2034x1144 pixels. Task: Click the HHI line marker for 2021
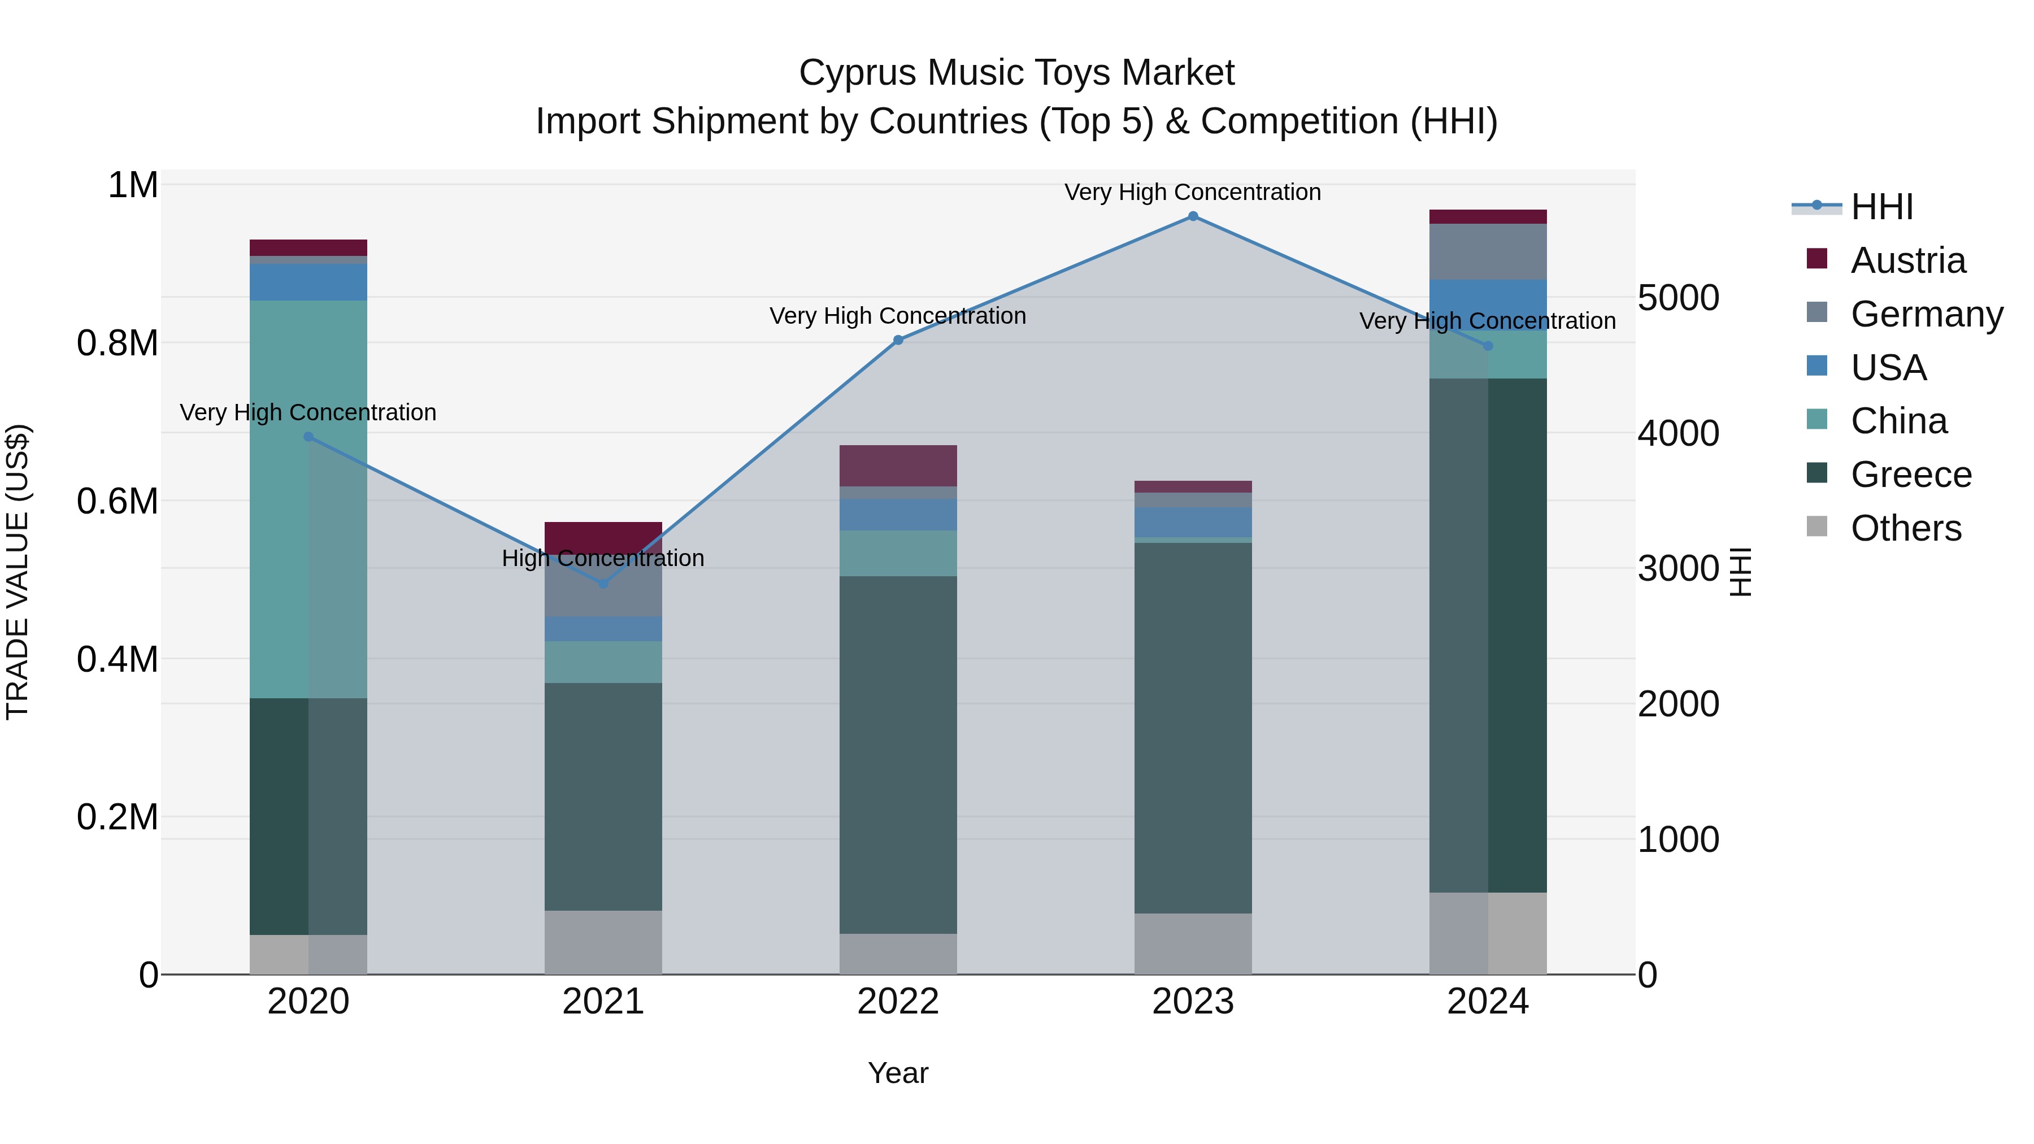click(x=603, y=584)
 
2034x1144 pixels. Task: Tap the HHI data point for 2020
click(x=308, y=437)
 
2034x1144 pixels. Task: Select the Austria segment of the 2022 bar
click(x=898, y=466)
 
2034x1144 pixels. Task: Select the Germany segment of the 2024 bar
click(x=1488, y=251)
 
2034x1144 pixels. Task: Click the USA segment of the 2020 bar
click(x=308, y=282)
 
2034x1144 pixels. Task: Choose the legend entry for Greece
click(x=1910, y=475)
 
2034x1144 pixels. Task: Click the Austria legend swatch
click(x=1817, y=259)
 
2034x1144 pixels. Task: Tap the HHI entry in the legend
click(x=1881, y=207)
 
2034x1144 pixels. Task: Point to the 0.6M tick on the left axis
click(x=118, y=501)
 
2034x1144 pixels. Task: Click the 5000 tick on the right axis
click(x=1678, y=298)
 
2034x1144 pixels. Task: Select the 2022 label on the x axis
click(x=898, y=1002)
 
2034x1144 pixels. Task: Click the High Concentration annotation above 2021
click(x=603, y=558)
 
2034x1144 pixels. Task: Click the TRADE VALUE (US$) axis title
click(x=18, y=572)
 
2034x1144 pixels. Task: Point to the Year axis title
click(x=898, y=1073)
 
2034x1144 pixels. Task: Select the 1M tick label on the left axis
click(x=133, y=185)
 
